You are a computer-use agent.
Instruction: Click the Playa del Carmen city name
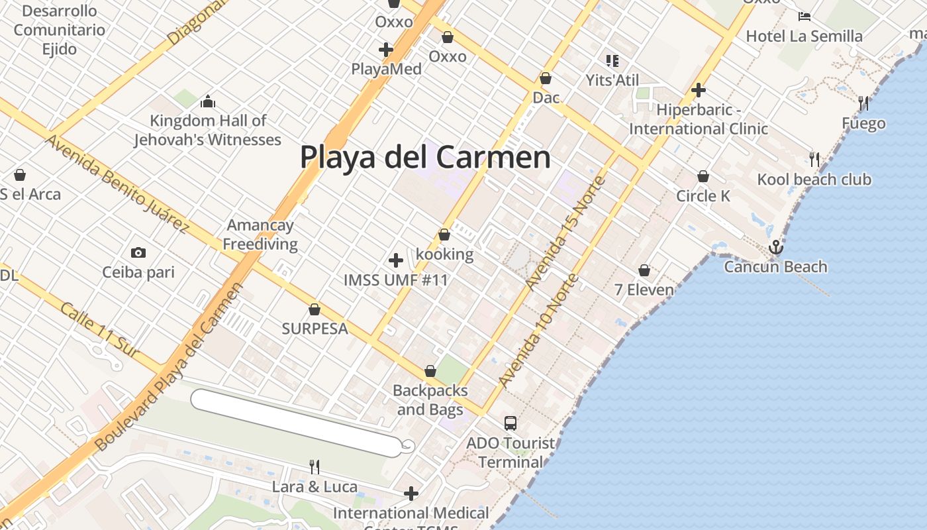[x=425, y=158]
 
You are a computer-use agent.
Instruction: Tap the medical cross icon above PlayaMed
[x=386, y=49]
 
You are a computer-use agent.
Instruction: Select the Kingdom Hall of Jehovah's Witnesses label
[x=208, y=130]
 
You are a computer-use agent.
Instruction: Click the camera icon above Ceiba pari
[x=138, y=252]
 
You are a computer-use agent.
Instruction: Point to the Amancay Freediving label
[x=260, y=235]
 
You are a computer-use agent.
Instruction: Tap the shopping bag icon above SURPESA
[x=315, y=309]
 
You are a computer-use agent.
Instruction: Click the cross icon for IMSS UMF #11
[x=396, y=260]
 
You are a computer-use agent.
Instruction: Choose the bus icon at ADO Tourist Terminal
[x=510, y=423]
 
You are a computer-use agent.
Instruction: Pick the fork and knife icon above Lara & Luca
[x=315, y=467]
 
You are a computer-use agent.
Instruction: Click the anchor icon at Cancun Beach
[x=775, y=248]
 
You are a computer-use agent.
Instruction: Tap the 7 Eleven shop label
[x=644, y=290]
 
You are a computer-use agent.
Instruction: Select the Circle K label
[x=703, y=195]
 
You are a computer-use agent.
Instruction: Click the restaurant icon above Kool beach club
[x=814, y=159]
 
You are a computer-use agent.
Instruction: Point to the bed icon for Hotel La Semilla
[x=805, y=16]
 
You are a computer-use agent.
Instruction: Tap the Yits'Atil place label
[x=612, y=80]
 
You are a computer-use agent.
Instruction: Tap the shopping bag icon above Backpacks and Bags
[x=430, y=371]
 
